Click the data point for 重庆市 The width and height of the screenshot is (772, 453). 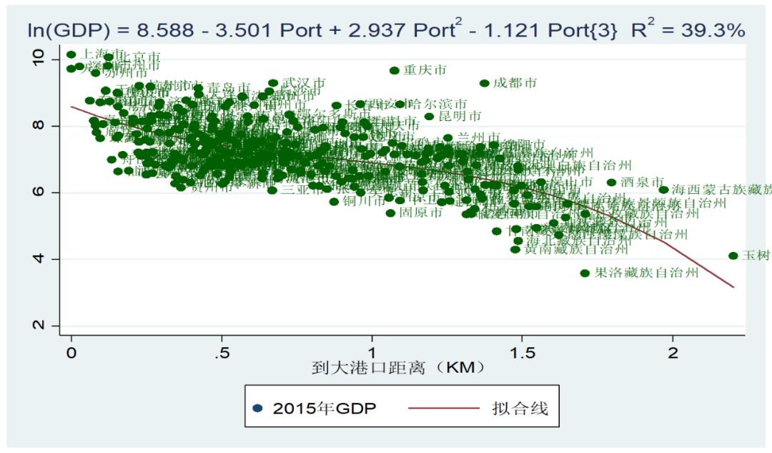394,70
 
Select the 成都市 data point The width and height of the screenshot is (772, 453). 484,83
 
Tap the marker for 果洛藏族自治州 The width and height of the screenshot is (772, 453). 585,273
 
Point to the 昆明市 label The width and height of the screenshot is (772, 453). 460,116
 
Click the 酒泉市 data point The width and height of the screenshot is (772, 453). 611,182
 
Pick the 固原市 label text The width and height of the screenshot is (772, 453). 421,213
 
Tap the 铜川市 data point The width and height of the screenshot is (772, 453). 334,201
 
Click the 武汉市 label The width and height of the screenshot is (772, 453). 304,84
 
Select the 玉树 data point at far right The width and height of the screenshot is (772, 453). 733,255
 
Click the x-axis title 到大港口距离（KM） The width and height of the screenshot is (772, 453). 399,369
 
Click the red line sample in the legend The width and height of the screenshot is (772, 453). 443,409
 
